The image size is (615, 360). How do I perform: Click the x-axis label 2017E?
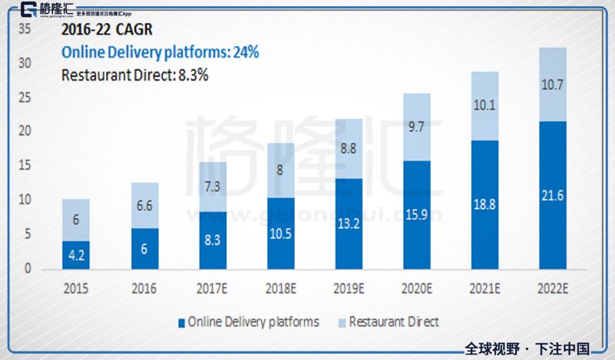(212, 289)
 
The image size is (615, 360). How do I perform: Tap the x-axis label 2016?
(144, 289)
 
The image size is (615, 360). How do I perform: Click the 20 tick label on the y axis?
(25, 131)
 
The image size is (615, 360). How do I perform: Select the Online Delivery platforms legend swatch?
(181, 322)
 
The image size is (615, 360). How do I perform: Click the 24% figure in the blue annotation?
(246, 52)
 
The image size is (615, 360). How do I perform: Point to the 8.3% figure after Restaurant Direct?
(191, 75)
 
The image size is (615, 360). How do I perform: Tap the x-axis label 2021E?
(484, 289)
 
